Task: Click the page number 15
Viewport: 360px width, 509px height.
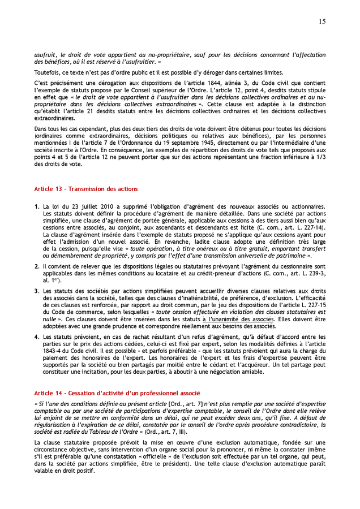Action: tap(322, 21)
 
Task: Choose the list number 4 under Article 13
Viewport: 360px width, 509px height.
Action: tap(36, 336)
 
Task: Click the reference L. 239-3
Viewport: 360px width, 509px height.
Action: tap(312, 273)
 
